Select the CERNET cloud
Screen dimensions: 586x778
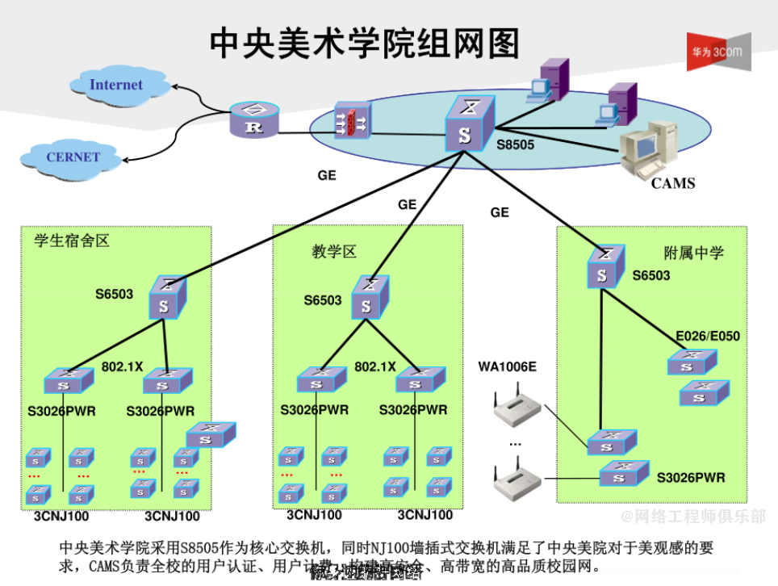pyautogui.click(x=72, y=157)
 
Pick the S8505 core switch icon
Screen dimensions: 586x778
pyautogui.click(x=467, y=125)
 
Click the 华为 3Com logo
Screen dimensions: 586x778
pyautogui.click(x=717, y=52)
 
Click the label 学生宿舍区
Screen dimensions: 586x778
pyautogui.click(x=71, y=241)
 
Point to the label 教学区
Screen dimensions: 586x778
pyautogui.click(x=334, y=252)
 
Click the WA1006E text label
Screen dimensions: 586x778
pyautogui.click(x=507, y=367)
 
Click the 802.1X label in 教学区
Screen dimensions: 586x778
pyautogui.click(x=375, y=366)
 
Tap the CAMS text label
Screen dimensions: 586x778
pyautogui.click(x=673, y=183)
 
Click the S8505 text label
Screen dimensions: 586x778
pyautogui.click(x=515, y=144)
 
